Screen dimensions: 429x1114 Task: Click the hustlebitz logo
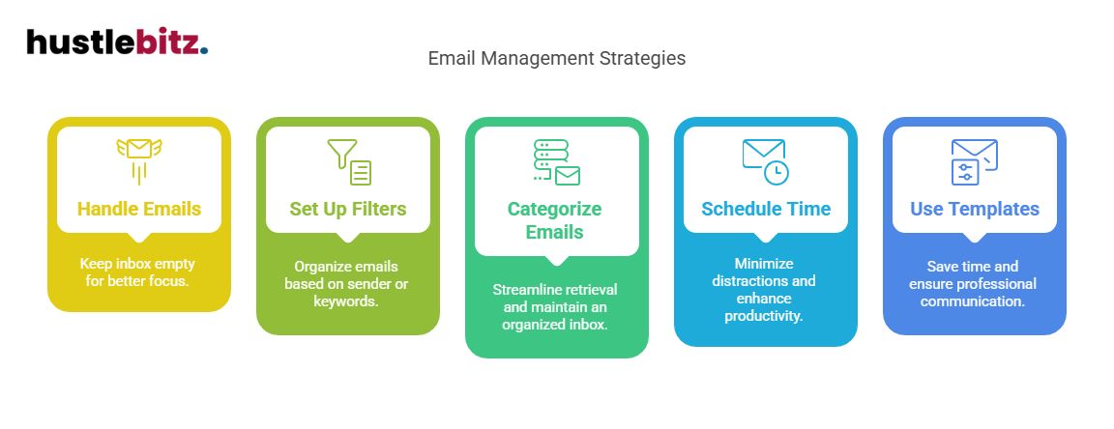(x=116, y=42)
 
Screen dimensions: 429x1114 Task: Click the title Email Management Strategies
(x=556, y=58)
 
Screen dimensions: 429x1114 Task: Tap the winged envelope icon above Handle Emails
(x=138, y=158)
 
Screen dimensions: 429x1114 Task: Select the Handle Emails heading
(x=139, y=209)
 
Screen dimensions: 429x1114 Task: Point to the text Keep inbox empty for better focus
(x=139, y=273)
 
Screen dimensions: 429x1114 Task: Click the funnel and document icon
(x=348, y=161)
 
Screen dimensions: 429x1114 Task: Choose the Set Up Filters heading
(x=348, y=209)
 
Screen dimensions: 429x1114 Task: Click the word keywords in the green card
(x=348, y=300)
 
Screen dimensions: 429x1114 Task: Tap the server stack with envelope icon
(x=556, y=161)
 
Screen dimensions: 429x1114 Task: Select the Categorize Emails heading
(x=555, y=220)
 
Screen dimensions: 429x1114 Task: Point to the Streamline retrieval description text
(x=556, y=306)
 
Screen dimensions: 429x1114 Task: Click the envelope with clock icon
(x=765, y=160)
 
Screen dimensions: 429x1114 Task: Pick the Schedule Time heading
(x=766, y=209)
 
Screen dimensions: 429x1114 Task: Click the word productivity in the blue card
(x=764, y=315)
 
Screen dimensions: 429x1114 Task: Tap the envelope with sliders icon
(x=974, y=160)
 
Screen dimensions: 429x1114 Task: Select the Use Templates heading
(x=975, y=209)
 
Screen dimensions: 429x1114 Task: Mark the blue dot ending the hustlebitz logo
(x=204, y=51)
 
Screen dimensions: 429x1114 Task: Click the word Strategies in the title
(x=649, y=58)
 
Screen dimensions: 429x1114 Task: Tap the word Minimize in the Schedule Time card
(x=766, y=263)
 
